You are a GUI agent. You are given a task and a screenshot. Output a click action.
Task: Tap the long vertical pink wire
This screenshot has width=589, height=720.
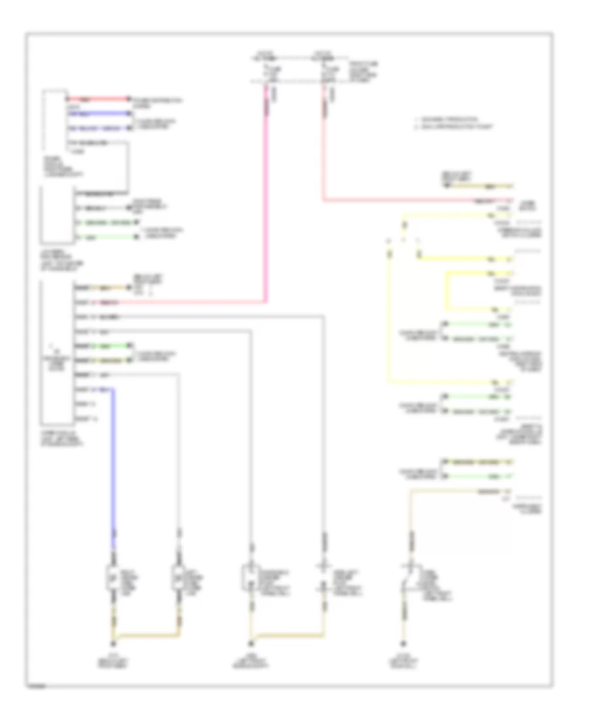pos(267,196)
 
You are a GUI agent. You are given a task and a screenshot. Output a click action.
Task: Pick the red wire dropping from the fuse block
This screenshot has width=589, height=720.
pos(323,144)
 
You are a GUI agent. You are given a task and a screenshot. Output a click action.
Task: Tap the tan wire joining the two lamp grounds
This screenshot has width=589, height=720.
pos(145,634)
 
